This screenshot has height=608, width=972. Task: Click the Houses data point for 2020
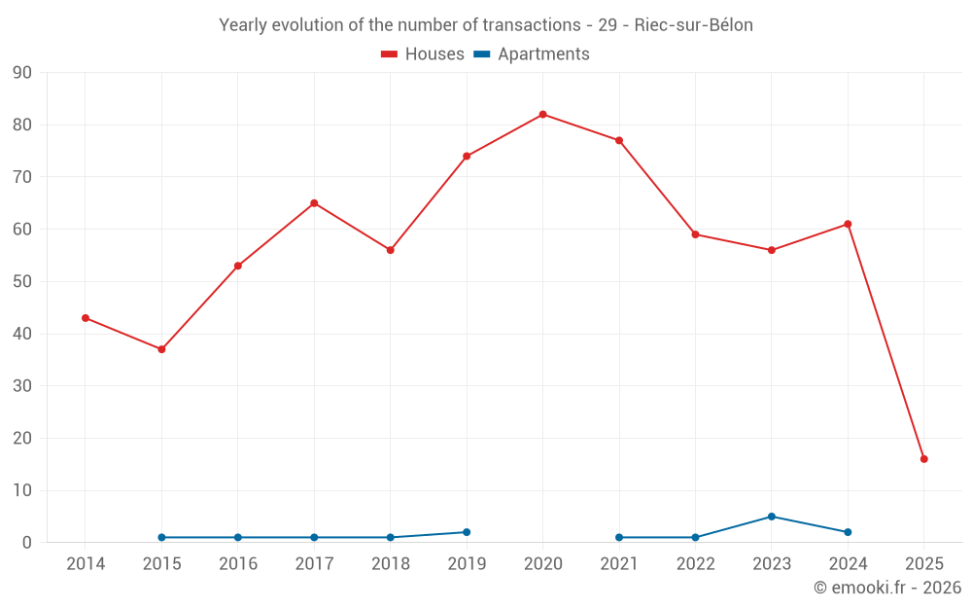click(x=542, y=115)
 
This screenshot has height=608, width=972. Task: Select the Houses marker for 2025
click(x=923, y=459)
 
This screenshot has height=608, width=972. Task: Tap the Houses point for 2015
click(x=161, y=349)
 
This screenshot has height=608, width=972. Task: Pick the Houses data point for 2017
click(x=314, y=203)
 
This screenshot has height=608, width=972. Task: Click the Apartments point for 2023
click(x=771, y=517)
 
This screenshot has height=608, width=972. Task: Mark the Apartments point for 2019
click(x=467, y=532)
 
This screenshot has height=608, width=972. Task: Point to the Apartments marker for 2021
click(x=619, y=537)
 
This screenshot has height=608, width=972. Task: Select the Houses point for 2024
click(x=848, y=225)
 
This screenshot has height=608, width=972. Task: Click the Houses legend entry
click(x=423, y=54)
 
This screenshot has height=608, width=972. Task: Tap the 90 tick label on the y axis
click(x=22, y=73)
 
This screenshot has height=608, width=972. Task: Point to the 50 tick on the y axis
click(x=22, y=282)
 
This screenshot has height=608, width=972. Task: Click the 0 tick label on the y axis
click(x=27, y=543)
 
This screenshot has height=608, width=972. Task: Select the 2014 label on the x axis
click(x=86, y=564)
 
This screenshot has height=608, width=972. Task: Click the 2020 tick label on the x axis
click(x=542, y=564)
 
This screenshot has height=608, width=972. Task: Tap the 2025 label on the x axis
click(x=923, y=564)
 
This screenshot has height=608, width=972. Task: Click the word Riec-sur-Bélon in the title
click(x=693, y=25)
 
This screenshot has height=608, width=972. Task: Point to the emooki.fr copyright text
click(x=886, y=588)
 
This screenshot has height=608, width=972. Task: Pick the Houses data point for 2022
click(x=695, y=234)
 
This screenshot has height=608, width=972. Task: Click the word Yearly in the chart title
click(x=243, y=25)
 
